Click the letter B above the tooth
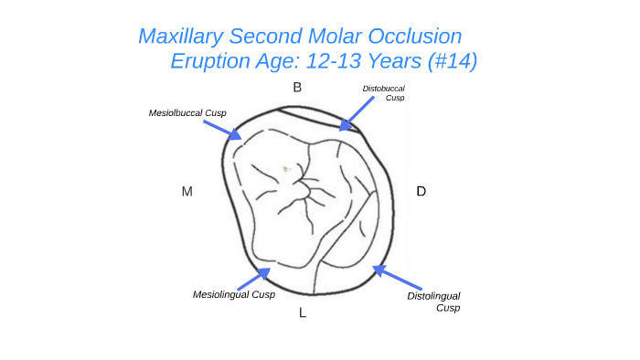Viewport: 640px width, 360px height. (297, 88)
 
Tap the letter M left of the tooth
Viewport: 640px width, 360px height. (187, 191)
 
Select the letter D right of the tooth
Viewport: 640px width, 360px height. (421, 191)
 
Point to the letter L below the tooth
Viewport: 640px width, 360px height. (303, 313)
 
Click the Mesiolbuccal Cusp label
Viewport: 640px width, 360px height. (187, 112)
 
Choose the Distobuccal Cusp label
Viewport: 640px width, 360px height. (384, 92)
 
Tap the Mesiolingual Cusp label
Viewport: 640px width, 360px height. (234, 294)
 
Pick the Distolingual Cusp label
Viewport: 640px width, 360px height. (433, 302)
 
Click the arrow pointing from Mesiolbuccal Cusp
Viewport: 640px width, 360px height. (222, 129)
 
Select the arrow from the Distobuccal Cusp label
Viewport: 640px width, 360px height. (355, 116)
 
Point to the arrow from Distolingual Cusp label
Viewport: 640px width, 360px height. (397, 277)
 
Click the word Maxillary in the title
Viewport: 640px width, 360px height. (182, 37)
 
